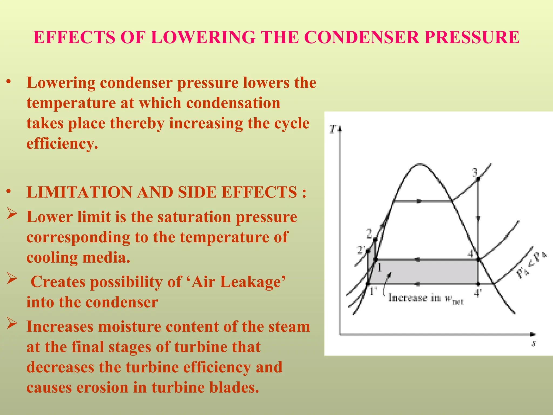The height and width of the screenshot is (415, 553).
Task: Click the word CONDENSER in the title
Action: click(362, 37)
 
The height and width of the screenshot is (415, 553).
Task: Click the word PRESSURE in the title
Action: click(472, 37)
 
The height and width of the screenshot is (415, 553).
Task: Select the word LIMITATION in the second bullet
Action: click(79, 192)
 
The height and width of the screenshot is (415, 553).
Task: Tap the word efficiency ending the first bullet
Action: click(62, 143)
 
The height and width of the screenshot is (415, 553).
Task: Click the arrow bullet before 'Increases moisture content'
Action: click(12, 323)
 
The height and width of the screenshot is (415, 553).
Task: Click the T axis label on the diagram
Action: click(333, 129)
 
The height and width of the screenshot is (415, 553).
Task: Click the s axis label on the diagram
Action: click(534, 344)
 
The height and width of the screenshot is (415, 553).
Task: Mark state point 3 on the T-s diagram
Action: click(478, 179)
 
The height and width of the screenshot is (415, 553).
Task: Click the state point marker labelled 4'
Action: click(478, 284)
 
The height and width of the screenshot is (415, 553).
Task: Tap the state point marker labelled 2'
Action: click(368, 251)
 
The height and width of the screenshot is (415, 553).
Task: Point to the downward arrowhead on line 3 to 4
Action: click(478, 219)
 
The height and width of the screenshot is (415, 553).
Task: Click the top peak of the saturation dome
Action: click(420, 164)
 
